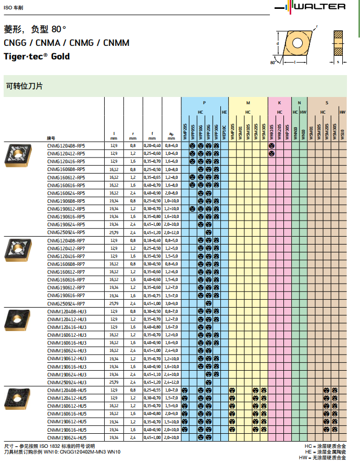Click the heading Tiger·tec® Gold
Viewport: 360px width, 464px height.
pos(36,56)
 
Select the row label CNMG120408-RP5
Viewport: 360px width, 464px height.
pos(66,146)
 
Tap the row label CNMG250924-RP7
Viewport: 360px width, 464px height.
pos(66,303)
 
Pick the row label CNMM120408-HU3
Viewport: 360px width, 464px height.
pos(67,311)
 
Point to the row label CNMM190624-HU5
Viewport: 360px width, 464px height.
pos(67,438)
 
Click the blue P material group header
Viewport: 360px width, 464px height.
pos(204,103)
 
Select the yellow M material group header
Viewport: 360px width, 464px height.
pos(248,103)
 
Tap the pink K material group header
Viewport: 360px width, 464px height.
pos(279,103)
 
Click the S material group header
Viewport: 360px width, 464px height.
pos(327,103)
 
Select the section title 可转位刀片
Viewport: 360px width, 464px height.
pos(24,86)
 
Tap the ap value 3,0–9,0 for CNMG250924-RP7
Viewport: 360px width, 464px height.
pos(171,303)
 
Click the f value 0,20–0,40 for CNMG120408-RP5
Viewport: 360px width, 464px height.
pos(152,146)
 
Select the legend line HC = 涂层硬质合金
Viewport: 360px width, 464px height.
pos(326,446)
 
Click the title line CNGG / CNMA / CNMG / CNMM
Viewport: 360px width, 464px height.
pos(67,43)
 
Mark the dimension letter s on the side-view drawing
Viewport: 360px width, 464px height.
pos(338,62)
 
